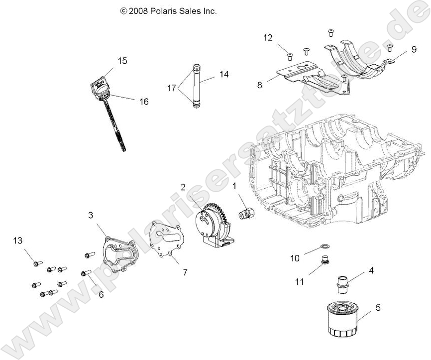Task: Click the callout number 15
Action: click(x=122, y=61)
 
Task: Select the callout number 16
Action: click(x=144, y=102)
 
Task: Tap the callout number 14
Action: click(x=224, y=74)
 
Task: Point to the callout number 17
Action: click(x=172, y=88)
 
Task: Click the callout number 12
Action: click(x=268, y=37)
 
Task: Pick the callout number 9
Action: click(x=414, y=49)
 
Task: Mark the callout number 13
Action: click(x=18, y=241)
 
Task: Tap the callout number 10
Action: click(x=295, y=258)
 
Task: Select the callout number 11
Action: click(x=299, y=282)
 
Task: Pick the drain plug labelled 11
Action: click(x=325, y=260)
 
